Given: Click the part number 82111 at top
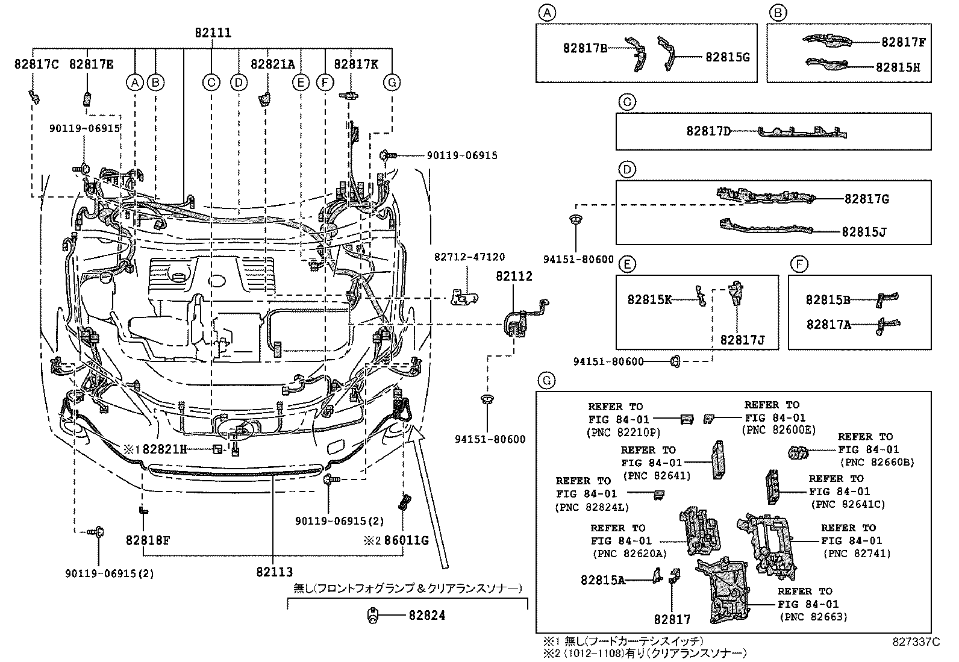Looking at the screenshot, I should (213, 33).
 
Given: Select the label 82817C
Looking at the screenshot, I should (37, 64).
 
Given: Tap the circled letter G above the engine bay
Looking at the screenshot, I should (392, 82).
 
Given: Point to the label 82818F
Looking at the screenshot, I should (148, 540).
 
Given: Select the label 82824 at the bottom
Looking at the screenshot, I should (426, 616).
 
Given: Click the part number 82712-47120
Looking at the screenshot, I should (469, 257).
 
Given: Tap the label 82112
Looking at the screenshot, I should (514, 276).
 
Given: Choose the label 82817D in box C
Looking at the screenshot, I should (708, 131).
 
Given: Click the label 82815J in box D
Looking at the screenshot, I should (864, 231).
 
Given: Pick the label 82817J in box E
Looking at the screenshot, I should (742, 340).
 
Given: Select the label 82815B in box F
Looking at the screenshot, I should (828, 299).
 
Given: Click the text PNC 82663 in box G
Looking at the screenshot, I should (813, 617).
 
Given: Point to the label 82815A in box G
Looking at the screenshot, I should (602, 580).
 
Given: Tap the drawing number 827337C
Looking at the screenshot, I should (916, 642).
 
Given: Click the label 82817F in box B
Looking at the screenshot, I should (903, 42).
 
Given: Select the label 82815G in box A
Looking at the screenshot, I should (727, 57).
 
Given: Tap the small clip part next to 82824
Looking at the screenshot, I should (373, 616).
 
